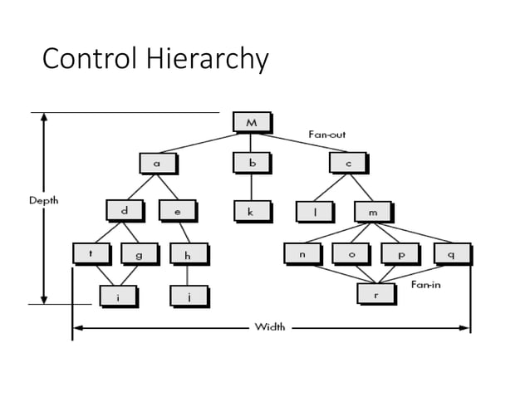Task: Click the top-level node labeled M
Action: click(x=252, y=123)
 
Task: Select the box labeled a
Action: click(x=156, y=164)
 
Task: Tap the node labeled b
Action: click(x=251, y=164)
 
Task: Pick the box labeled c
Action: click(x=348, y=164)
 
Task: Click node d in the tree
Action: click(x=125, y=211)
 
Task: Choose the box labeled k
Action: click(x=251, y=212)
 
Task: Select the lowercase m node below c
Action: click(x=372, y=212)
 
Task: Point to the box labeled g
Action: click(x=139, y=255)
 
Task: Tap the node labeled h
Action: click(x=188, y=255)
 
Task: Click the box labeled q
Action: click(x=451, y=254)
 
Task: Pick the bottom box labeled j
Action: click(x=188, y=296)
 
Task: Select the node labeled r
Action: click(x=375, y=295)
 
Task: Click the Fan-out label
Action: click(x=327, y=135)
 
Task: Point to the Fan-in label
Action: click(x=424, y=284)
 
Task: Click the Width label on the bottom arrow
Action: click(x=269, y=326)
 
